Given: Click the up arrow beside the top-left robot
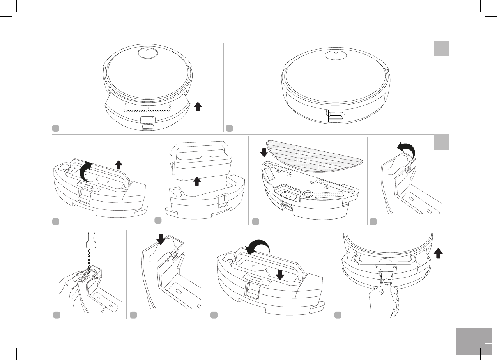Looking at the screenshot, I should point(198,106).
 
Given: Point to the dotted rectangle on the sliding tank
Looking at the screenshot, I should point(148,108).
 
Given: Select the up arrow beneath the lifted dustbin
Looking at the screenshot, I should point(197,181).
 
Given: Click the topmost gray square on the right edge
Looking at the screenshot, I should point(441,48).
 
